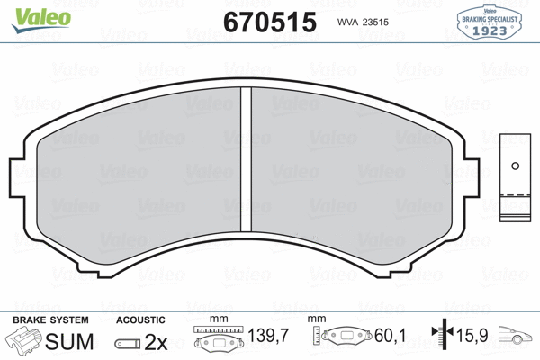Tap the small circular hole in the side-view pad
[x=515, y=166]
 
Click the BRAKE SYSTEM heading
[x=50, y=319]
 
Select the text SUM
[x=69, y=341]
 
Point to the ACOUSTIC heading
[x=140, y=319]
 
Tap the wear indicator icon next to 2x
[x=129, y=343]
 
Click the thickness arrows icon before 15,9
[x=442, y=339]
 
